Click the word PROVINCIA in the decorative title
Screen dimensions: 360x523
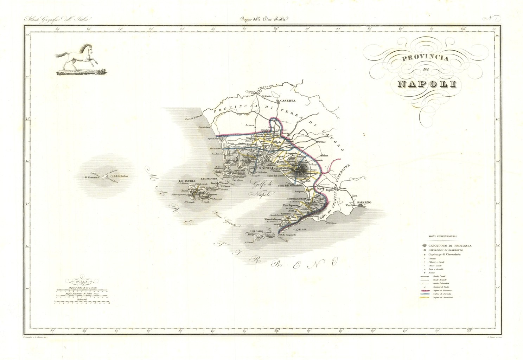tap(425, 58)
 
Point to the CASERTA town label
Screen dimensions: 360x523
tap(287, 100)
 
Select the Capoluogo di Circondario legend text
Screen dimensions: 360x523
tap(444, 254)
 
